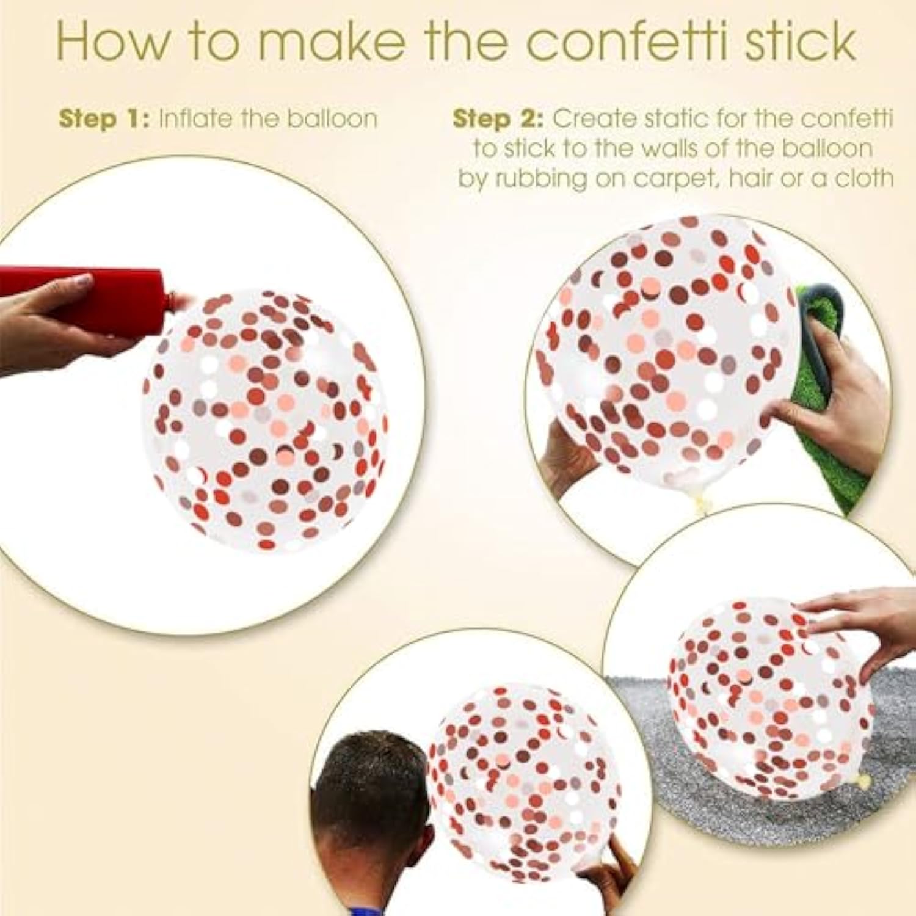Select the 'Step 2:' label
coord(498,118)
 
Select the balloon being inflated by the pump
coord(266,421)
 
